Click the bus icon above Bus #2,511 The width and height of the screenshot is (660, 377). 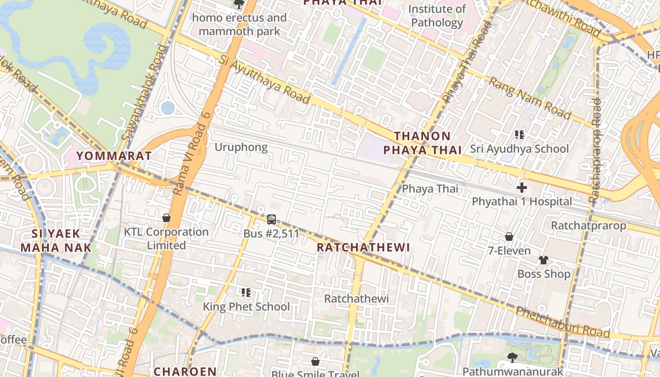(x=271, y=219)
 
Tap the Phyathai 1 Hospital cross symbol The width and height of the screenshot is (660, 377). (x=521, y=188)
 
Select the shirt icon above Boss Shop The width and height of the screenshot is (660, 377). (x=543, y=260)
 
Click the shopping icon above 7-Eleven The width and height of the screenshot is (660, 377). (x=509, y=237)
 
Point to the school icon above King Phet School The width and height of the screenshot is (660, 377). (x=246, y=293)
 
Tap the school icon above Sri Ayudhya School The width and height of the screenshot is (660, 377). (x=520, y=135)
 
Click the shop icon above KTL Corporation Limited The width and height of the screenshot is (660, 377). (x=166, y=218)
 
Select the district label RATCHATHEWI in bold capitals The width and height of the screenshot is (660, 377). (x=363, y=247)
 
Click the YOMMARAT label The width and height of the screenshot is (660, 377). (x=114, y=156)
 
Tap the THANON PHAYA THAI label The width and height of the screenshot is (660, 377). (x=422, y=143)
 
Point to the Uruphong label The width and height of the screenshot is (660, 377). (x=241, y=147)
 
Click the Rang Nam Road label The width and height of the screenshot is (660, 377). (x=529, y=98)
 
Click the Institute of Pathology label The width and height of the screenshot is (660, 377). (x=437, y=16)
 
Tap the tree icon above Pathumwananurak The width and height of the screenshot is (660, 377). (x=512, y=358)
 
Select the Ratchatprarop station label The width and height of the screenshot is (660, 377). (x=588, y=225)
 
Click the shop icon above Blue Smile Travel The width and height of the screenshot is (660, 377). (x=315, y=362)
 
